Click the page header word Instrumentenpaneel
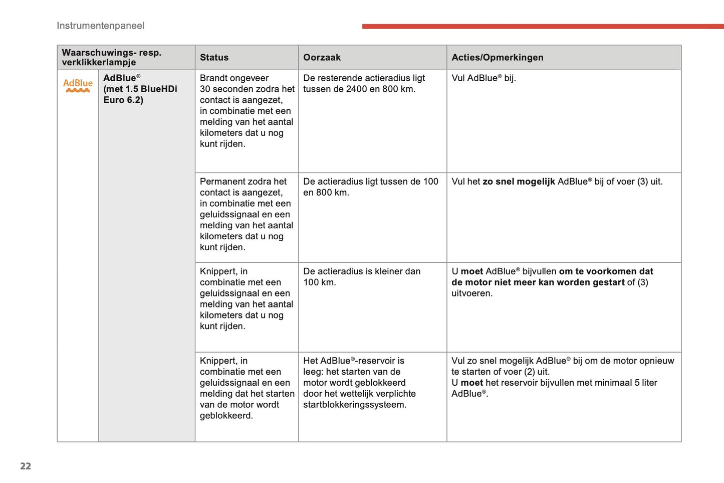(x=100, y=26)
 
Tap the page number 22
(x=26, y=466)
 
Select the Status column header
(x=214, y=57)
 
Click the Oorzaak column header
(x=322, y=57)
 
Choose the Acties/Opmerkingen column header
(x=497, y=57)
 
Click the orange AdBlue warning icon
(x=78, y=85)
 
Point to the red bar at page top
(x=541, y=26)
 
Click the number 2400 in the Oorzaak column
(x=356, y=89)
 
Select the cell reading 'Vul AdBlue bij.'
(x=484, y=78)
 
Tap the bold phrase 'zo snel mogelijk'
(x=519, y=182)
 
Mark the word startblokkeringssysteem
(x=354, y=405)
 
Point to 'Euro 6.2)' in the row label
(x=123, y=100)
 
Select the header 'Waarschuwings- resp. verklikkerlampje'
(x=111, y=57)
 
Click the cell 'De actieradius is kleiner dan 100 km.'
(x=361, y=276)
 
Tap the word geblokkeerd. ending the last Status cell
(x=226, y=416)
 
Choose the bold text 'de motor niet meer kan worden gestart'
(x=538, y=282)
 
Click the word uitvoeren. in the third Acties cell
(x=472, y=293)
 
